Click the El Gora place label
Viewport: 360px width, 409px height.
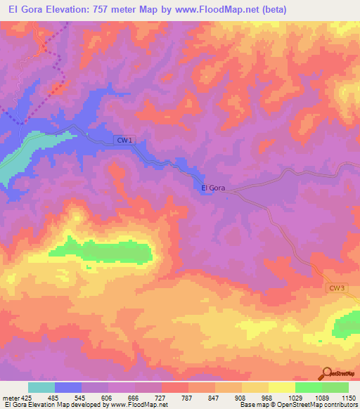pos(213,188)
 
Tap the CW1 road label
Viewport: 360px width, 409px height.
pos(124,141)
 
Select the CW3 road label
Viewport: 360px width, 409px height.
pos(337,287)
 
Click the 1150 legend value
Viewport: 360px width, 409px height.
pos(349,398)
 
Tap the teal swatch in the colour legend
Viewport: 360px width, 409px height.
pos(41,387)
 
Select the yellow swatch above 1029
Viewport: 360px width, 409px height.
pos(282,387)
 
